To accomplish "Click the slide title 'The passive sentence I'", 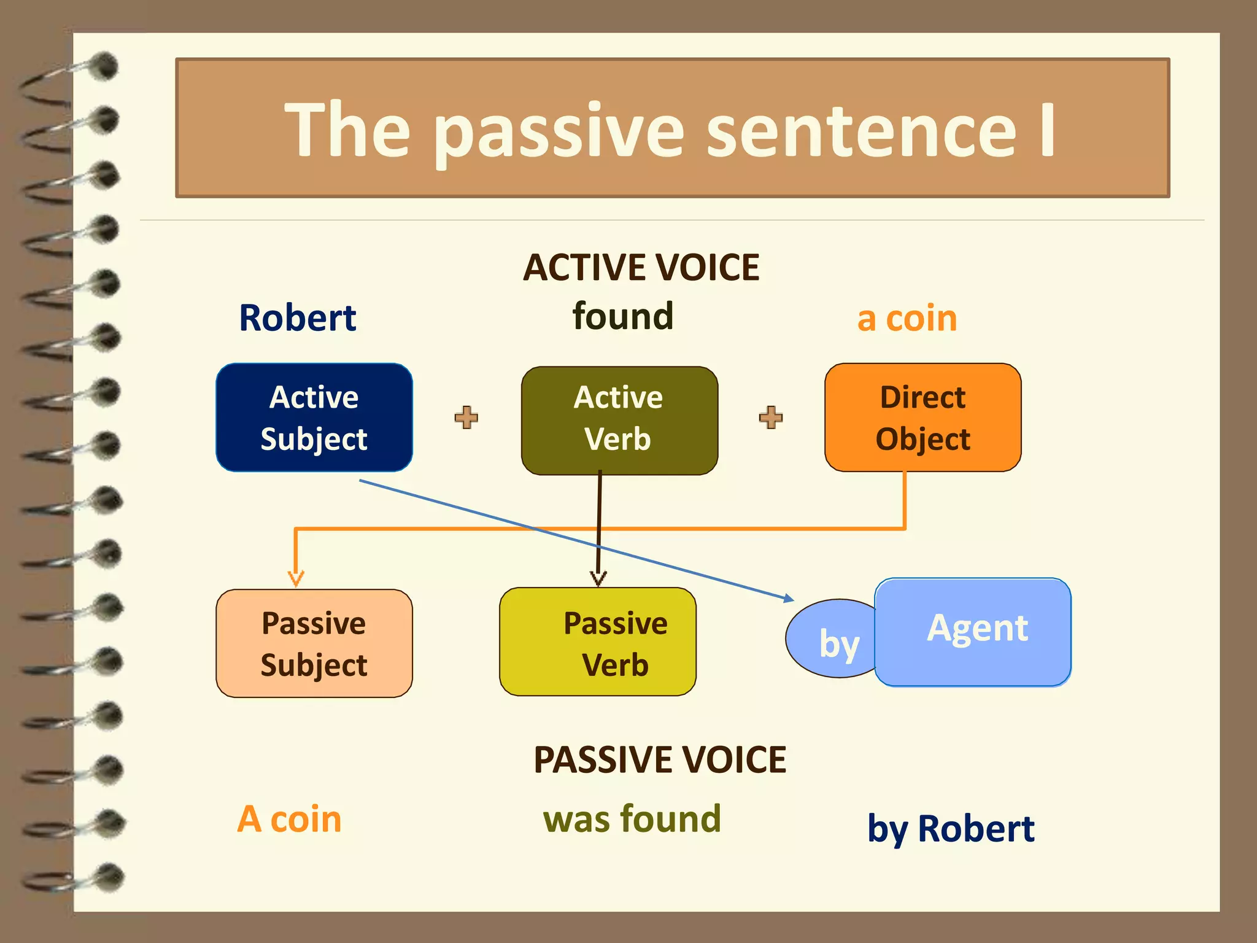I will (x=670, y=130).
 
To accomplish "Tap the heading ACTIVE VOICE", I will (x=641, y=268).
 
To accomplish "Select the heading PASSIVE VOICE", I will (x=659, y=760).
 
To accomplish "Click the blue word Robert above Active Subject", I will (x=298, y=318).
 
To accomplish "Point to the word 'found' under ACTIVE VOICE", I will (x=622, y=316).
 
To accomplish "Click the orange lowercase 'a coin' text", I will (x=907, y=319).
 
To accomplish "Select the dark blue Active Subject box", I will (x=314, y=417).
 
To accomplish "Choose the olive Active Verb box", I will (x=619, y=420).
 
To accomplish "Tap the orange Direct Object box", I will (x=922, y=417).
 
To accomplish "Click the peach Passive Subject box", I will (x=314, y=643).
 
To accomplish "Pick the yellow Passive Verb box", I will (x=597, y=642).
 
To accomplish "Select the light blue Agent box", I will (x=973, y=632).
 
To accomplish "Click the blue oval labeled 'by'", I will (x=832, y=642).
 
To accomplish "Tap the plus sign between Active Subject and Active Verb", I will (x=466, y=417).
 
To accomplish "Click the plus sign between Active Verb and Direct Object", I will (x=771, y=417).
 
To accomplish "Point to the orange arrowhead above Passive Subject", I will (x=296, y=578).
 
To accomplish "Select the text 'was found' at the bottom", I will (x=632, y=819).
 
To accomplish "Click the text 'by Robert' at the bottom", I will (x=951, y=829).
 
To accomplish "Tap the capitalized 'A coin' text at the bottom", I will (x=289, y=819).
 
